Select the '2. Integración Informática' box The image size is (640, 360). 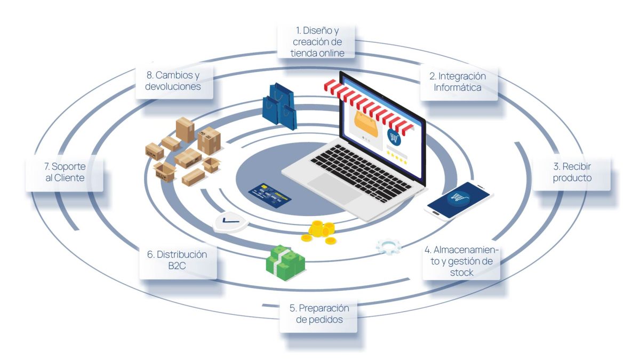458,83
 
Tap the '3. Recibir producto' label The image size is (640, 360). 572,172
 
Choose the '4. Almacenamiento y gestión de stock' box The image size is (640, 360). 461,261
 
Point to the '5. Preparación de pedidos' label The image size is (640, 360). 318,314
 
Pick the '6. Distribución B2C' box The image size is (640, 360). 178,261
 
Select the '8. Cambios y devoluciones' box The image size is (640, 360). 175,82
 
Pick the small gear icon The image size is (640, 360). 388,245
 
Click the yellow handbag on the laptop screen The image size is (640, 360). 367,124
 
